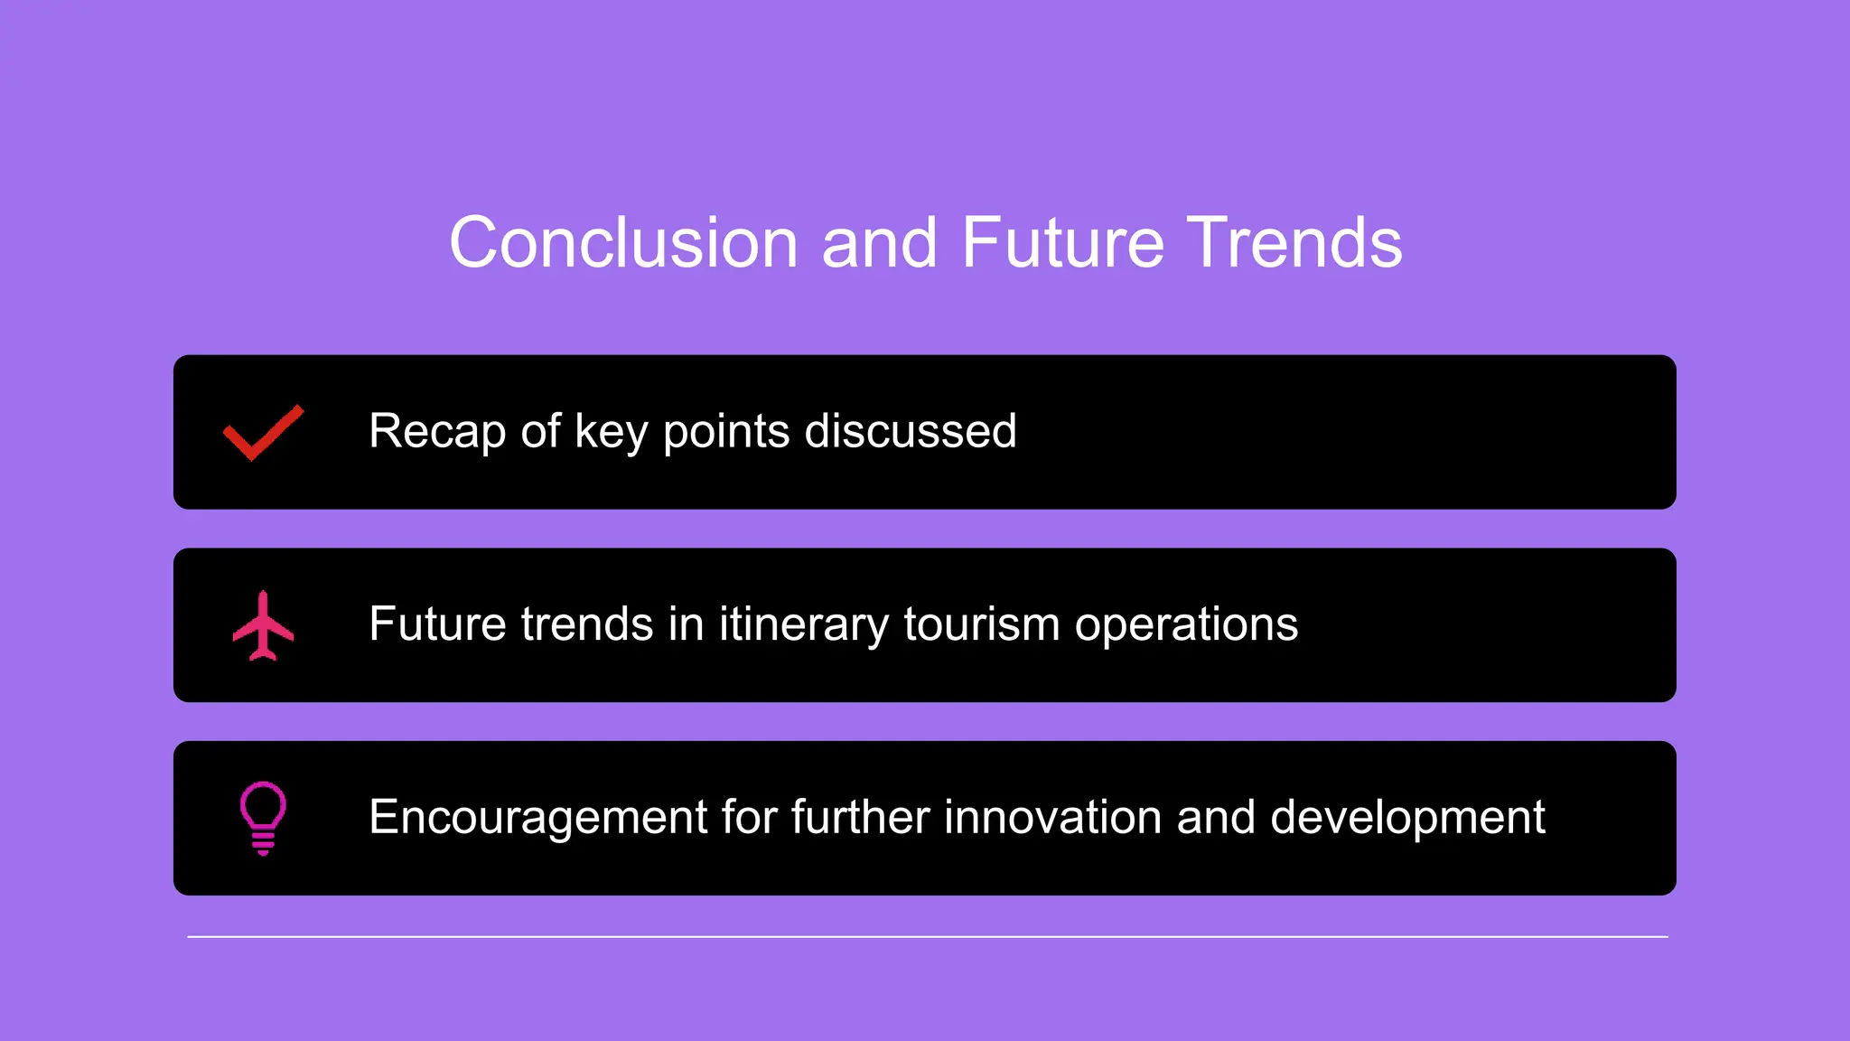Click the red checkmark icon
point(263,432)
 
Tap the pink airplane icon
point(263,625)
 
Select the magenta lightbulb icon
point(263,817)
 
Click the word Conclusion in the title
point(623,243)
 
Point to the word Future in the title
point(1062,243)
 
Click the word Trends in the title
point(1294,243)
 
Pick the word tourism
point(981,624)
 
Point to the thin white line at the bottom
point(927,937)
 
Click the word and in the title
point(879,243)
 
